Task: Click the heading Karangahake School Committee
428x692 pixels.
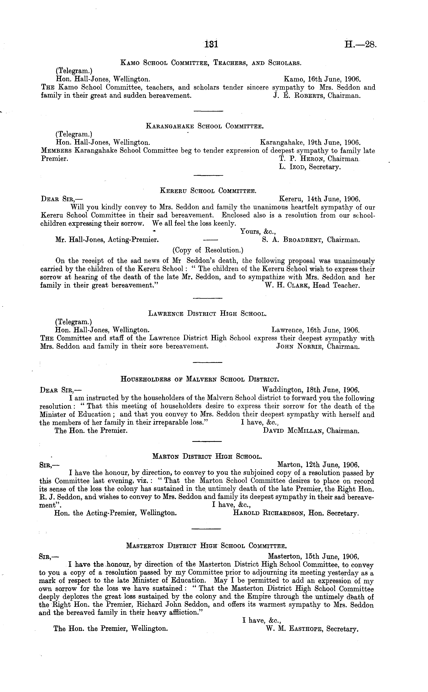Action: pyautogui.click(x=205, y=126)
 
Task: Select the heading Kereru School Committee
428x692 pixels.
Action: pyautogui.click(x=208, y=191)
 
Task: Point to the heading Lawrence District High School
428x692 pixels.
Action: pyautogui.click(x=207, y=314)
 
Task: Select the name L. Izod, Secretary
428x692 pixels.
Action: pyautogui.click(x=310, y=167)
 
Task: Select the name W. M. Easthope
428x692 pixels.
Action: pyautogui.click(x=294, y=629)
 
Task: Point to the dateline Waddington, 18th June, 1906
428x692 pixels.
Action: pyautogui.click(x=311, y=390)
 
